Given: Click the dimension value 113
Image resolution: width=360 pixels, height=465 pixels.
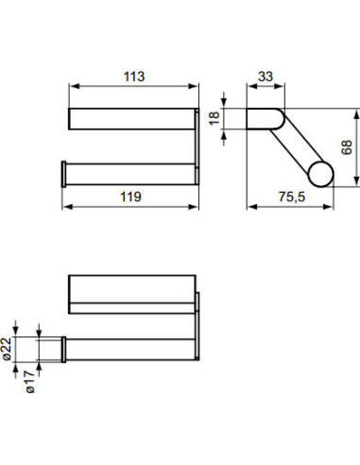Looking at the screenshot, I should [132, 77].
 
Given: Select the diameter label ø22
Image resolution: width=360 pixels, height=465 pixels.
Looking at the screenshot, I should [30, 350].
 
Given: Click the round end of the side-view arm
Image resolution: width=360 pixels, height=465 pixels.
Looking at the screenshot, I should [320, 176].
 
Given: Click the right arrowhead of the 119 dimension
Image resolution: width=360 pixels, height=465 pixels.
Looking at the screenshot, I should [197, 209].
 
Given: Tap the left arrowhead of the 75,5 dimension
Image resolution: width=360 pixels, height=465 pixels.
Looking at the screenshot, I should [250, 209].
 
